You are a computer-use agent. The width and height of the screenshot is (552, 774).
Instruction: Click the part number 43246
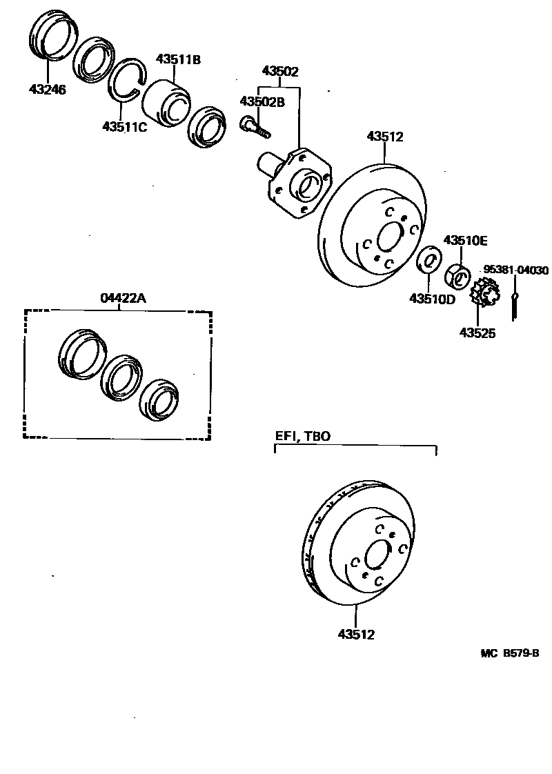[48, 89]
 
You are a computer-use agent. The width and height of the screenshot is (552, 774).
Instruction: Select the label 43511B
[178, 59]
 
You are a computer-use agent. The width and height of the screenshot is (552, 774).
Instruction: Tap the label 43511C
[125, 126]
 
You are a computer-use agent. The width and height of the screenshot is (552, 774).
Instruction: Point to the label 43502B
[262, 101]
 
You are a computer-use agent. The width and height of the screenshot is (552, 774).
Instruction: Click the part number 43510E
[465, 240]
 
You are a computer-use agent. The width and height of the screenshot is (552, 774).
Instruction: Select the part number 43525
[477, 333]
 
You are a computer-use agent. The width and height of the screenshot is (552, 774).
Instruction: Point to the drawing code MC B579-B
[510, 653]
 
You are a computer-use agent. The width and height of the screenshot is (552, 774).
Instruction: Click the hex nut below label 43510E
[459, 278]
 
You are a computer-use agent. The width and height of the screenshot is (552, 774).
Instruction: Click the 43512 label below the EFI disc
[356, 634]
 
